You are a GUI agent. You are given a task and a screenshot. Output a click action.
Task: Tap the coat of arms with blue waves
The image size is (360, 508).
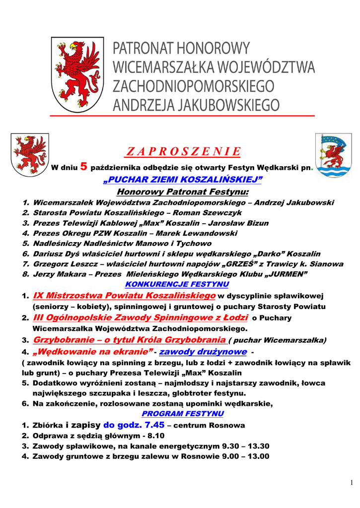pos(333,156)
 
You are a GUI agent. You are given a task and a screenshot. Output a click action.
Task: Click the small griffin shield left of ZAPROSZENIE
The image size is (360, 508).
pos(30,155)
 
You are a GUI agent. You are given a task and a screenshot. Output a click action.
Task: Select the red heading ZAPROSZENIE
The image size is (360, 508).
pos(183,151)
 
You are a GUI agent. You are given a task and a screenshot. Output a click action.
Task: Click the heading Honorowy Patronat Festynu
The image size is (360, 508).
pos(182,191)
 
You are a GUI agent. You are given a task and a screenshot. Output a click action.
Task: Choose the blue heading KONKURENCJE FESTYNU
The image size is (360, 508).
pos(177,284)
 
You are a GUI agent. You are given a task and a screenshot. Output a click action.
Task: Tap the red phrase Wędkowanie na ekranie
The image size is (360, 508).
pos(92,352)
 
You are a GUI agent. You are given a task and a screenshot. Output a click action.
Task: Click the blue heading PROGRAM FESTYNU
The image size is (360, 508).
pos(183,413)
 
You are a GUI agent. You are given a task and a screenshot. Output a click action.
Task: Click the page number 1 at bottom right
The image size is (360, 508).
pos(352,483)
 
